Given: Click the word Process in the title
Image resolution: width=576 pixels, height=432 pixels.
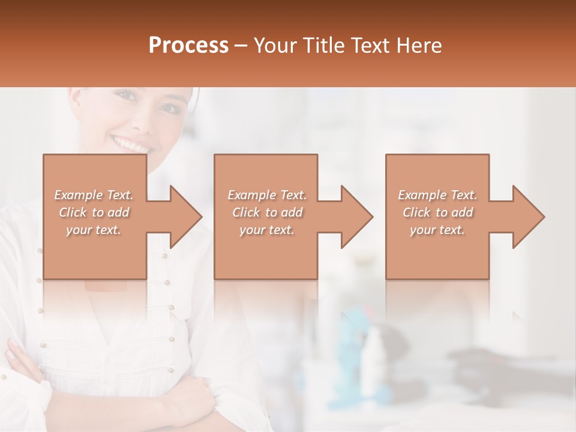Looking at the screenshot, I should point(188,46).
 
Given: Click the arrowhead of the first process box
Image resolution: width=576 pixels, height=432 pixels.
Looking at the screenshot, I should point(186,217).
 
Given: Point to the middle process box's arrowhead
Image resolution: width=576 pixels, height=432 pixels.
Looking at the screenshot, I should point(357,217).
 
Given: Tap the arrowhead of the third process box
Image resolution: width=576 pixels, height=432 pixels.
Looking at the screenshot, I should point(529,217).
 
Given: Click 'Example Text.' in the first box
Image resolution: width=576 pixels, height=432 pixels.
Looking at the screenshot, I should point(94,195).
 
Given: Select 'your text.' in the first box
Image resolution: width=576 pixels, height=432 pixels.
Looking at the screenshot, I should point(94,230).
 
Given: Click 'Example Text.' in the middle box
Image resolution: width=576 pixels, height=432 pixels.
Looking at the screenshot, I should point(267,195).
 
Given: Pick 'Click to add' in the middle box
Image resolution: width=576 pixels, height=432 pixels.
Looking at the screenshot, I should point(267,212).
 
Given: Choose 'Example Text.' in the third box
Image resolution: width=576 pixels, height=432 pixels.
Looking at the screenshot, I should point(437,195).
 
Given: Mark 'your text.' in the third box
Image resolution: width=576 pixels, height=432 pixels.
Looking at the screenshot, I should point(437,230).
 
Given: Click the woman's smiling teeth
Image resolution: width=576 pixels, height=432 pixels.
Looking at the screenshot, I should point(132,145).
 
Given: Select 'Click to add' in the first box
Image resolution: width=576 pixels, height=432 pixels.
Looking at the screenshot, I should point(94,212).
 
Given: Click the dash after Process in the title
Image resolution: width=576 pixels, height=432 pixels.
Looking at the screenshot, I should point(241,46).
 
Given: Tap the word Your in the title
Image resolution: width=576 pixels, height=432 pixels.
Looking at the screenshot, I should point(273,46).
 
